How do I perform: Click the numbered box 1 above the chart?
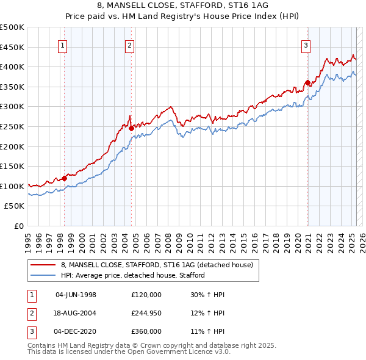point(63,44)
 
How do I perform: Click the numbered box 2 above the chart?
point(130,44)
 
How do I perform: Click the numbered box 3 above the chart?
point(306,44)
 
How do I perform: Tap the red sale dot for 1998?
point(65,178)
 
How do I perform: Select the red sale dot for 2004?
point(131,128)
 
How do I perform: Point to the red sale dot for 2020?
point(307,82)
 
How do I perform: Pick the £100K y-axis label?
point(12,186)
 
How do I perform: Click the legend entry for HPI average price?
point(132,275)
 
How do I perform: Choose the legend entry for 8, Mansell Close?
point(160,264)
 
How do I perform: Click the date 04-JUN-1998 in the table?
point(76,295)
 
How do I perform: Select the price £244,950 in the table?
point(146,313)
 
